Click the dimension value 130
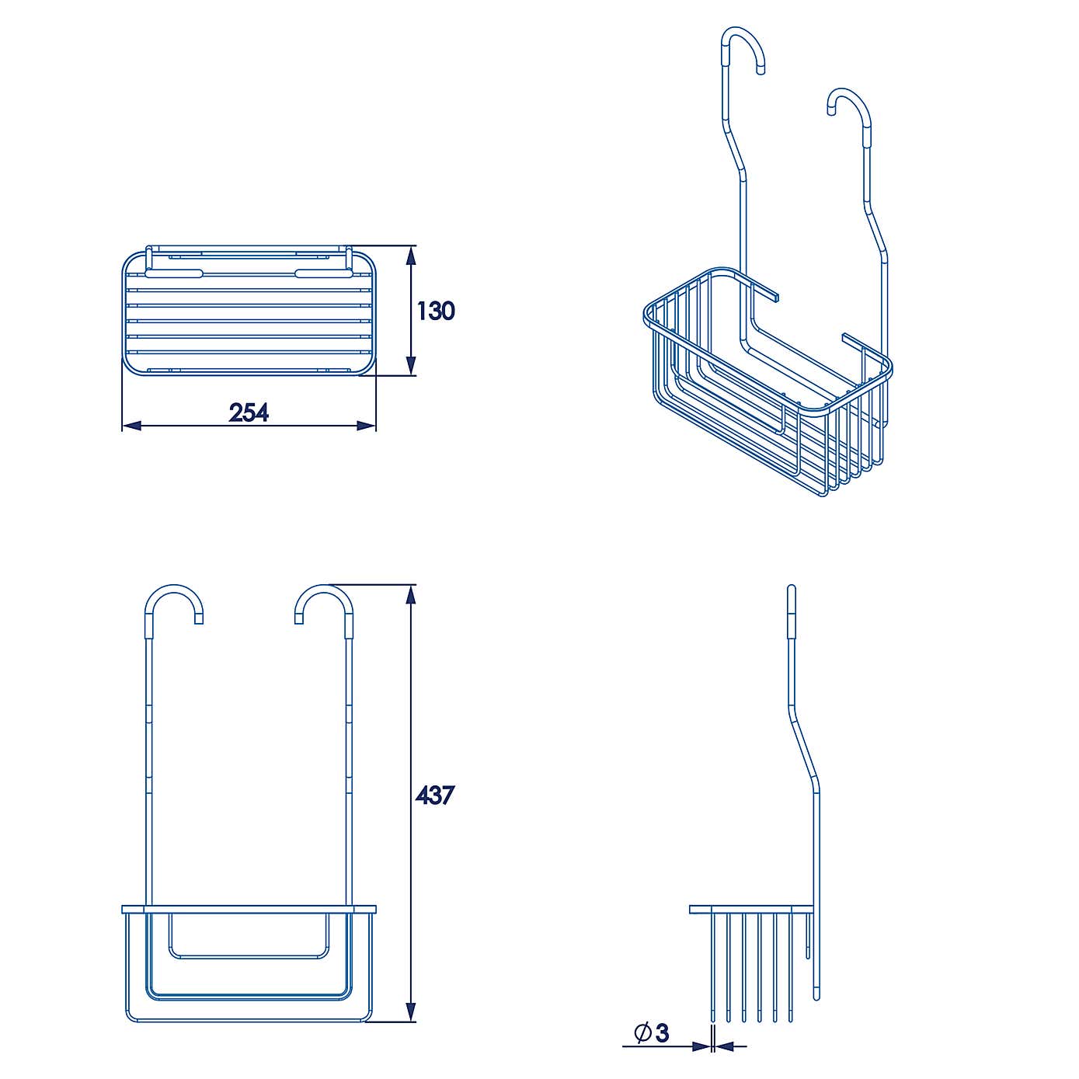pyautogui.click(x=436, y=311)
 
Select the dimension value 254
pyautogui.click(x=249, y=412)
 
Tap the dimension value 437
pyautogui.click(x=434, y=795)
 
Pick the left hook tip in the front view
pyautogui.click(x=199, y=619)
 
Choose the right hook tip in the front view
pyautogui.click(x=299, y=619)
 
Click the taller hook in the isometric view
pyautogui.click(x=744, y=47)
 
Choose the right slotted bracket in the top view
pyautogui.click(x=325, y=273)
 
